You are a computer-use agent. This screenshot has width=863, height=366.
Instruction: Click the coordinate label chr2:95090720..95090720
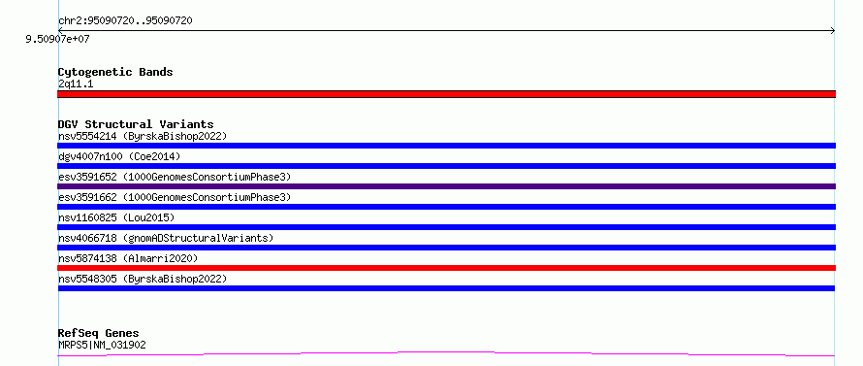point(125,21)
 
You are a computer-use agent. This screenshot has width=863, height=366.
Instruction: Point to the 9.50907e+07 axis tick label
point(58,40)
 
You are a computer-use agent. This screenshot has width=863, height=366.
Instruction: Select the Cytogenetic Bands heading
point(115,72)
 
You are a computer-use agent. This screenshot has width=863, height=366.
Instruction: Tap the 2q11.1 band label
point(76,83)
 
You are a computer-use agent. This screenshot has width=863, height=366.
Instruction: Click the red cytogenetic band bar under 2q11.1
point(446,94)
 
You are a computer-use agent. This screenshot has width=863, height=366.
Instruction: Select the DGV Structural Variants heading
point(136,124)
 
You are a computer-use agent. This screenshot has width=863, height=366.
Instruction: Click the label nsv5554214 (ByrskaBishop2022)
point(143,136)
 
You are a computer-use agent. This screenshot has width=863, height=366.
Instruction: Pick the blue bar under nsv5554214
point(446,146)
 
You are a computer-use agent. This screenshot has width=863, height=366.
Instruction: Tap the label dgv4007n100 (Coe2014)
point(119,156)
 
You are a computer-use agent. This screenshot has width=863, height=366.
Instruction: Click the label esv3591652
point(87,177)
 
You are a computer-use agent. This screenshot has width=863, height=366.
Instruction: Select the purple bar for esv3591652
point(446,186)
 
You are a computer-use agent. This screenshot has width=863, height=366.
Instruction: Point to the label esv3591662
point(87,197)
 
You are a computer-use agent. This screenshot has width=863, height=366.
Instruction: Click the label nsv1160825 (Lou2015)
point(116,217)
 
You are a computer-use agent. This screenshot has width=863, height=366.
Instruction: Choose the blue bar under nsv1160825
point(446,227)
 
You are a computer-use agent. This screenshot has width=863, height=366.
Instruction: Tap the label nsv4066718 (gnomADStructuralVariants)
point(166,238)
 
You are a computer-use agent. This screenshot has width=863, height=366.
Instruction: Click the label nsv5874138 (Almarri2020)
point(128,258)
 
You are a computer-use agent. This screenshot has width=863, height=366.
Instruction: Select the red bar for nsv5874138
point(446,268)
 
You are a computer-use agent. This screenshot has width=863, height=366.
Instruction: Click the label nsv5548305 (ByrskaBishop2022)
point(143,279)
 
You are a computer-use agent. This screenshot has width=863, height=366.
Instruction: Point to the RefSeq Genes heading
point(99,334)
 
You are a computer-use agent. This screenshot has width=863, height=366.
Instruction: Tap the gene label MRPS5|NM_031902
point(102,345)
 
